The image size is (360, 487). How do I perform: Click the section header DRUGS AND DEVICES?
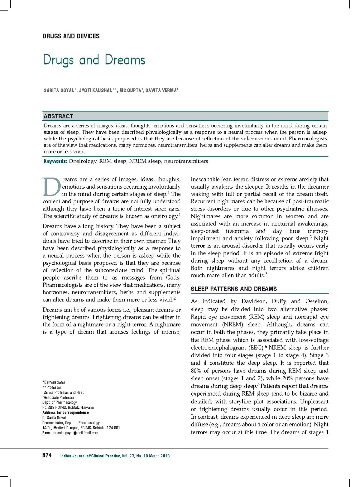click(71, 36)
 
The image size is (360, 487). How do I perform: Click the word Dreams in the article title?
click(125, 60)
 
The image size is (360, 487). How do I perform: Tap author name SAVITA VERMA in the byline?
click(161, 90)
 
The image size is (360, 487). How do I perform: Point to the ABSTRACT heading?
click(58, 116)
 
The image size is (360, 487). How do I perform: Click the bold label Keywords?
click(55, 161)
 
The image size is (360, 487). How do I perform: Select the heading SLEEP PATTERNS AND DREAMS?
click(234, 289)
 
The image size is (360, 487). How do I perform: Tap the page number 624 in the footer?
click(47, 456)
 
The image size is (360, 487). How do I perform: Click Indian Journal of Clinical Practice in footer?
click(90, 456)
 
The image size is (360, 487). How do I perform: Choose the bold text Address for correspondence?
click(66, 412)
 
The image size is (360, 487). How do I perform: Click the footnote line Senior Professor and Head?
click(64, 392)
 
